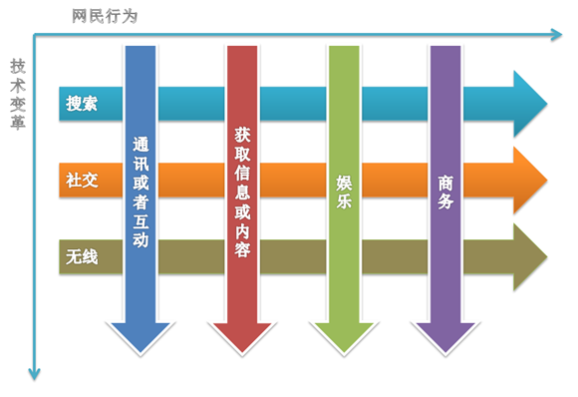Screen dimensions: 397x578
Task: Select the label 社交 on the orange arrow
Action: (x=81, y=181)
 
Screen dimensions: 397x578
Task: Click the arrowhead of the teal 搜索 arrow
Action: (x=528, y=103)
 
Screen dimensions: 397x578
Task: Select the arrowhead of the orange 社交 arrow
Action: (x=528, y=181)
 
